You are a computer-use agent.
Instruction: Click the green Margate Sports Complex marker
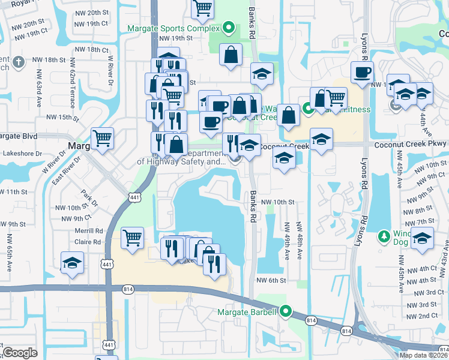(x=228, y=27)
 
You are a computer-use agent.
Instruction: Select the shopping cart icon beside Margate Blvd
(x=103, y=137)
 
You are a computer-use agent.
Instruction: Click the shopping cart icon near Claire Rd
(x=132, y=237)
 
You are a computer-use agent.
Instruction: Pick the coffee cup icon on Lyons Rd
(x=362, y=72)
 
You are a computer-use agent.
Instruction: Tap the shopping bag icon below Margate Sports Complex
(x=231, y=55)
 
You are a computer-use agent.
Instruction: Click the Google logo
(x=20, y=352)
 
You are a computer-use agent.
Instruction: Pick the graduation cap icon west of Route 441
(x=72, y=263)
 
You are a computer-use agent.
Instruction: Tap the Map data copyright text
(x=423, y=355)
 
